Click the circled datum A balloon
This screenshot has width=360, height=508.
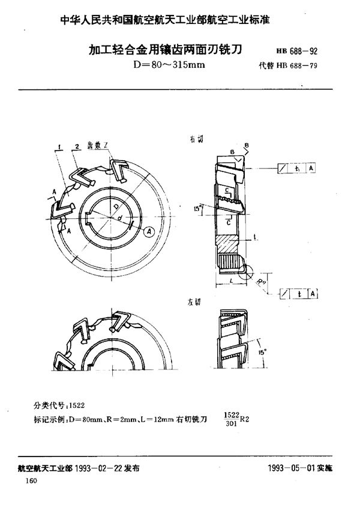[149, 229]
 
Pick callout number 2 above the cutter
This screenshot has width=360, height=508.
[79, 146]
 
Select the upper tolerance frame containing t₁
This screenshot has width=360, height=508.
[298, 169]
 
